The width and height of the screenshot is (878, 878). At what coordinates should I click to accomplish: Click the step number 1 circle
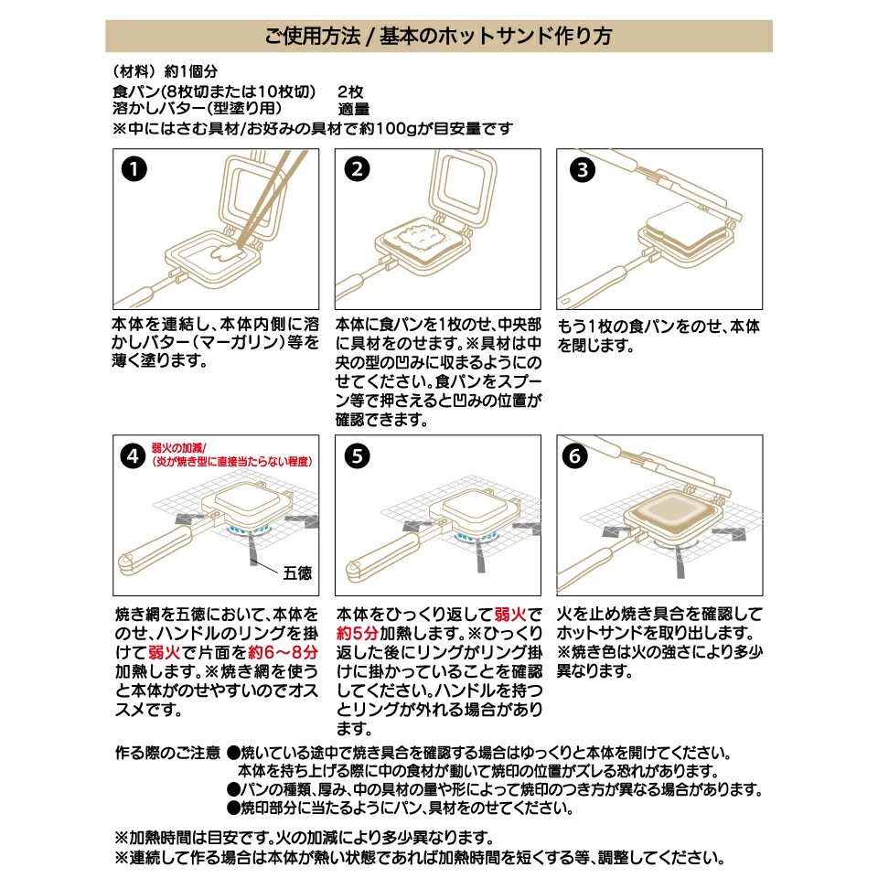point(135,170)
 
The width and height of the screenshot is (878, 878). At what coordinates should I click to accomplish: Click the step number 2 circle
point(359,170)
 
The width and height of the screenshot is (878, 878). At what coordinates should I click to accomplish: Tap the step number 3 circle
point(580,170)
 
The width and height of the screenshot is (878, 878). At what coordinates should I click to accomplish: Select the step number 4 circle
point(134,455)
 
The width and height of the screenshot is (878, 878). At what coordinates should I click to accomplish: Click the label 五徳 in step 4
point(298,573)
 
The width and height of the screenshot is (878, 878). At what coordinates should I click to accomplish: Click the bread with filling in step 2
point(421,238)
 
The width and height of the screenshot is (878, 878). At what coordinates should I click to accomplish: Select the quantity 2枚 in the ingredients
point(350,92)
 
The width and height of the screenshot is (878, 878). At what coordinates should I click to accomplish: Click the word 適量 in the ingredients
point(354,110)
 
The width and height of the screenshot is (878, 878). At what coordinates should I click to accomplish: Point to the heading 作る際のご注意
point(167,753)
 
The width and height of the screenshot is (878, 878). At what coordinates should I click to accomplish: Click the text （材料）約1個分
point(165,72)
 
